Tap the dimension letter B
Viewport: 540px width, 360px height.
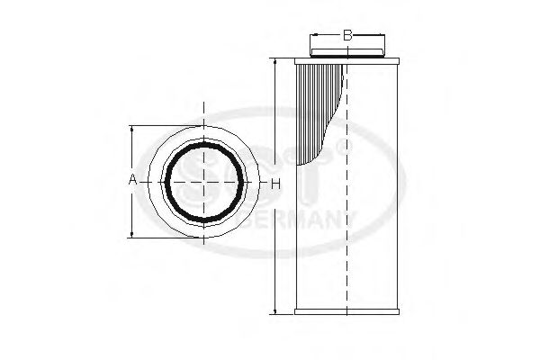point(346,37)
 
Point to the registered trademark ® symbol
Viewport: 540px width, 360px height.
point(339,143)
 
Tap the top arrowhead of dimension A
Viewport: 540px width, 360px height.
point(133,129)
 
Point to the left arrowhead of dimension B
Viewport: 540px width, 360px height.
point(313,37)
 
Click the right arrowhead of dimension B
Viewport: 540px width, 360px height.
point(384,37)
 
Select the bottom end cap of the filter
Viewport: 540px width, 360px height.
point(346,312)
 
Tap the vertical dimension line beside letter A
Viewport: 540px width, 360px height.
point(133,207)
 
